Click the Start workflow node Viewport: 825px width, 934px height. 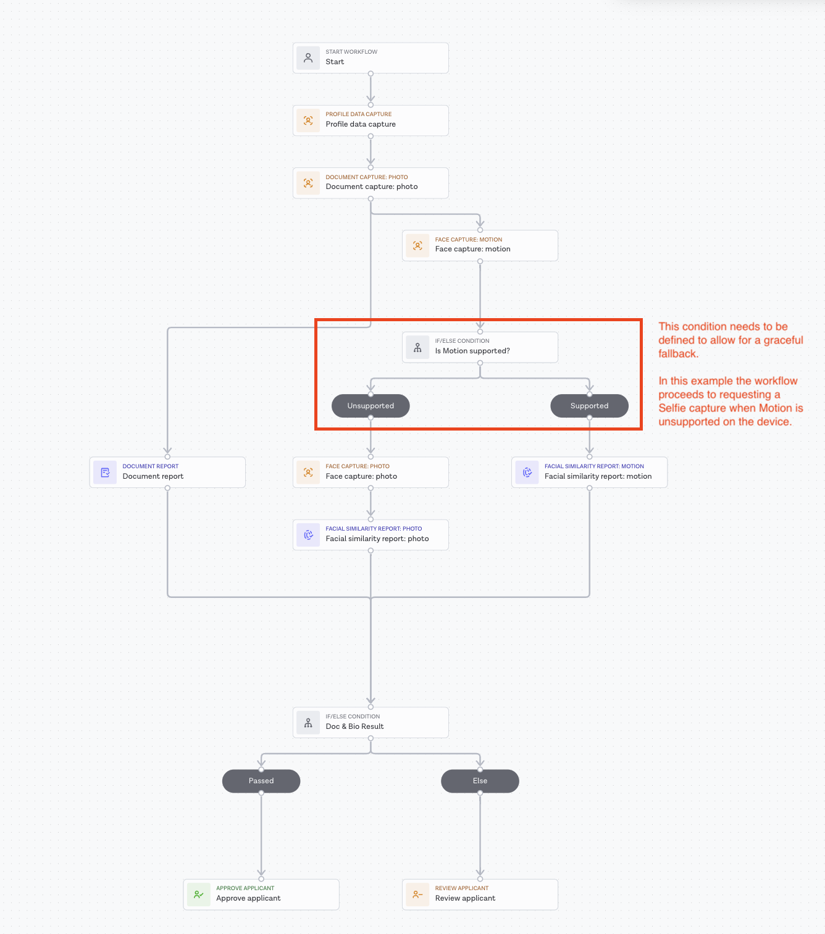(371, 57)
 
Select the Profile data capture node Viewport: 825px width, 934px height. (371, 120)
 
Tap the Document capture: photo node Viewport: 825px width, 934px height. (371, 182)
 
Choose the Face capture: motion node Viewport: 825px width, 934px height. (480, 245)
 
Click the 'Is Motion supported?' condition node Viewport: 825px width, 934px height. (480, 347)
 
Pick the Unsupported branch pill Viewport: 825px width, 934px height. (371, 406)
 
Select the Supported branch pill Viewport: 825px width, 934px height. (589, 406)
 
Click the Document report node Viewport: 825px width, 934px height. (167, 472)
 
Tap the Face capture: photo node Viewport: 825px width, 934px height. (371, 472)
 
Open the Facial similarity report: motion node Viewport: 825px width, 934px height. (589, 472)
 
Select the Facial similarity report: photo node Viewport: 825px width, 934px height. (371, 534)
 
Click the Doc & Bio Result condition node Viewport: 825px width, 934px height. (371, 722)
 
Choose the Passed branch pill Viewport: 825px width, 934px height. (261, 781)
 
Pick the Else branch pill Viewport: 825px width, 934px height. (480, 781)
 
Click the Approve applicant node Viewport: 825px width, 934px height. (261, 894)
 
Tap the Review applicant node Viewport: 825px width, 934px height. (480, 894)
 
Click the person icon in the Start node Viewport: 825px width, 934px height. (308, 58)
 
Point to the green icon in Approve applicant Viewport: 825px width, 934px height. (199, 894)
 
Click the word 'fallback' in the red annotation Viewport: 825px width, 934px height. (677, 354)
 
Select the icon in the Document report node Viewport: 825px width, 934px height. (105, 473)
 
